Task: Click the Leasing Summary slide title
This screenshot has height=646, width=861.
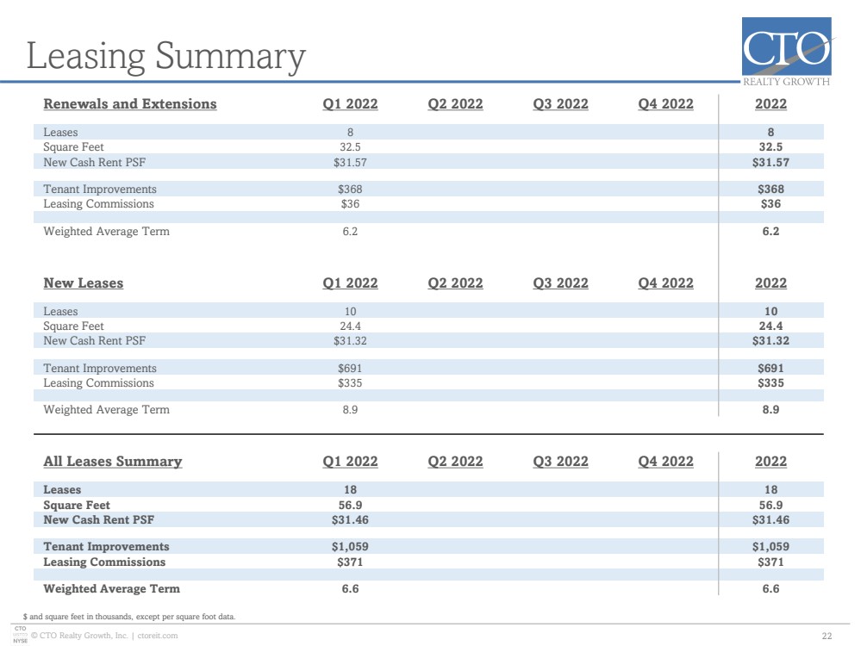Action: pos(165,57)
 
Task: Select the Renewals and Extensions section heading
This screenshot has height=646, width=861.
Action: pos(130,103)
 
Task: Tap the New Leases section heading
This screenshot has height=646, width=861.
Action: pos(84,283)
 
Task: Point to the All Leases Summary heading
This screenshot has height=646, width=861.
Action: pos(113,461)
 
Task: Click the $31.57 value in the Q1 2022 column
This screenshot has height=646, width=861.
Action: pos(350,163)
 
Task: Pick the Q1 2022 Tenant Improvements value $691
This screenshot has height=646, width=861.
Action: pos(350,369)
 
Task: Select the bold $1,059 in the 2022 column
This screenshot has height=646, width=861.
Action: pos(771,547)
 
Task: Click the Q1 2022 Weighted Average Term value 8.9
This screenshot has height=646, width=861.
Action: pos(350,409)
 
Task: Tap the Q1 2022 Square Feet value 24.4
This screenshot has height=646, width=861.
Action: pos(350,326)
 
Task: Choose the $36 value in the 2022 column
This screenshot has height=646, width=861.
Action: pos(771,203)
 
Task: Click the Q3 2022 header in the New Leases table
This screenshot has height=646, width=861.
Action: pos(560,283)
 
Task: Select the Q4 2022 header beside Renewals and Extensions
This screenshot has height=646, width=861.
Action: pos(665,103)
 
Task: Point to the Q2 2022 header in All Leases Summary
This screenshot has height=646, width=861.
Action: pos(455,461)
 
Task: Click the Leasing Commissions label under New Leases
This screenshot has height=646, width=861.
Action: pos(99,383)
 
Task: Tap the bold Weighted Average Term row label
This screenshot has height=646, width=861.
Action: pos(111,589)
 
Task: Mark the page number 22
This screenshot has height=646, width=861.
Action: pos(827,637)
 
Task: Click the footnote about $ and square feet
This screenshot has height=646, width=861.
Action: pos(129,617)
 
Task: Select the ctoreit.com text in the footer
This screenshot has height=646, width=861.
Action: pos(158,636)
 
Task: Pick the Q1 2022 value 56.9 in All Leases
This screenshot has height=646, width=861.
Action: pos(350,505)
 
